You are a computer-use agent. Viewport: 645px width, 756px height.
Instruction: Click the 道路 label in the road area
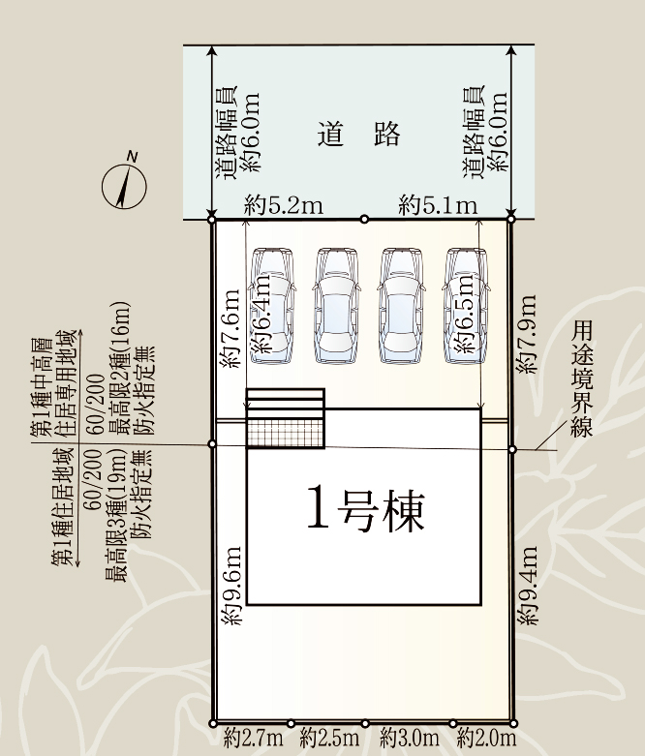click(x=359, y=134)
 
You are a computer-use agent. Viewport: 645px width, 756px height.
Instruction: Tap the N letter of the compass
click(x=132, y=156)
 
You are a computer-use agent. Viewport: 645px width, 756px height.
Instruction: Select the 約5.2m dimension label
click(x=283, y=205)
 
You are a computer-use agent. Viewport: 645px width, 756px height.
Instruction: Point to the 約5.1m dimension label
click(x=438, y=205)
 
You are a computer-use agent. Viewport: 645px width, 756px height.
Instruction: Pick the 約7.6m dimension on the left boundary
click(x=230, y=328)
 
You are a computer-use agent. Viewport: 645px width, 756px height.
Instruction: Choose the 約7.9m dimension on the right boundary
click(x=526, y=334)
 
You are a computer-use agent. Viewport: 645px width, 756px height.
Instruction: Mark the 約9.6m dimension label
click(x=231, y=586)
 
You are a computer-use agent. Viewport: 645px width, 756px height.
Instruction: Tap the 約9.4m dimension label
click(x=527, y=586)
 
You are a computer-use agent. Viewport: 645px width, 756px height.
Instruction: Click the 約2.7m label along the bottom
click(x=254, y=738)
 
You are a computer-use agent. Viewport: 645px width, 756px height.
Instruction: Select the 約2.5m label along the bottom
click(x=329, y=738)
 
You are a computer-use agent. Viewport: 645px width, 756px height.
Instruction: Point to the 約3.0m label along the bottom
click(x=409, y=738)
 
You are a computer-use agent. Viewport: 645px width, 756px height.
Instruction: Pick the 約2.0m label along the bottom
click(x=486, y=738)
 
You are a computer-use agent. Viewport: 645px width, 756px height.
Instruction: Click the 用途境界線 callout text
click(x=581, y=378)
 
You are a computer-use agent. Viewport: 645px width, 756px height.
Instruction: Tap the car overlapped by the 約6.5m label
click(x=466, y=306)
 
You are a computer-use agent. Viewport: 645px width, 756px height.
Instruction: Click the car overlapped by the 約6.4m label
click(x=272, y=306)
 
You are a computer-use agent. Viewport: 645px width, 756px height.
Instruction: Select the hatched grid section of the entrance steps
click(x=285, y=433)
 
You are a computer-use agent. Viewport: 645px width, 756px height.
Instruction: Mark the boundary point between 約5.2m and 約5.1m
click(x=365, y=220)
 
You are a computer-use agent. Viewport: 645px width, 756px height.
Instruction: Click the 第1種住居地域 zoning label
click(x=63, y=506)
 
